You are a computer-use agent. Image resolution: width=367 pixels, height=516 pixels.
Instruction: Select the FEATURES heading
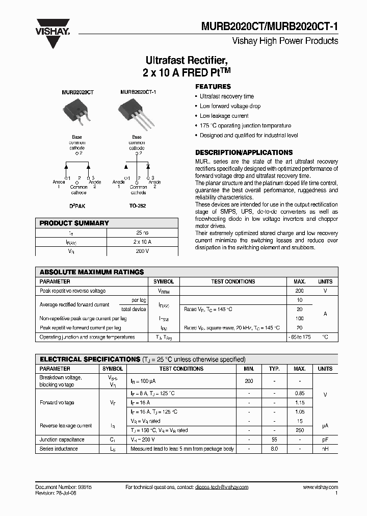coord(213,87)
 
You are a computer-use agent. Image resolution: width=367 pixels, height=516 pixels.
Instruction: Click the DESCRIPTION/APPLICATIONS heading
coord(244,152)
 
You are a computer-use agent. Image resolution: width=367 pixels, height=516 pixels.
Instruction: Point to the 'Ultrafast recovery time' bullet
coord(226,96)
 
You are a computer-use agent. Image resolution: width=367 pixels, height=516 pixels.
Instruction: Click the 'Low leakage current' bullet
coord(224,116)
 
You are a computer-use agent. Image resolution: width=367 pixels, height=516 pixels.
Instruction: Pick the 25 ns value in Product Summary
coord(142,233)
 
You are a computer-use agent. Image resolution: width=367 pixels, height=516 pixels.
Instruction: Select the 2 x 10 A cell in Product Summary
coord(142,242)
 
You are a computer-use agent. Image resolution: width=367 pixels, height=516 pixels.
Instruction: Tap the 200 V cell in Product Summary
coord(142,251)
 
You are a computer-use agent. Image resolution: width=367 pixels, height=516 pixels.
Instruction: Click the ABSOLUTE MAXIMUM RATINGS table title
coord(92,272)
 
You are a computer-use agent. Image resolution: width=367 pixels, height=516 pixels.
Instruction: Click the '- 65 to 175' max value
coord(299,337)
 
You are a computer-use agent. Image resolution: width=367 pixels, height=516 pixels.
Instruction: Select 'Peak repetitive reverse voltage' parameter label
coord(72,291)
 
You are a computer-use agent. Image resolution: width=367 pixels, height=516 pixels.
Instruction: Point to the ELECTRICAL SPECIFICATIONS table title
coord(90,359)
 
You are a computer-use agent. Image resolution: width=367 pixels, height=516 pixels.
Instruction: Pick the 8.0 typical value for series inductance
coord(274,449)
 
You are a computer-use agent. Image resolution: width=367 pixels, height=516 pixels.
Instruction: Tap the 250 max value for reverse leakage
coord(300,430)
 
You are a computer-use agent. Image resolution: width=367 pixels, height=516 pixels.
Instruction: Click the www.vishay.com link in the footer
coord(320,487)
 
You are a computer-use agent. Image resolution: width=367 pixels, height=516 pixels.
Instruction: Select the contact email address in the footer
coord(221,487)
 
